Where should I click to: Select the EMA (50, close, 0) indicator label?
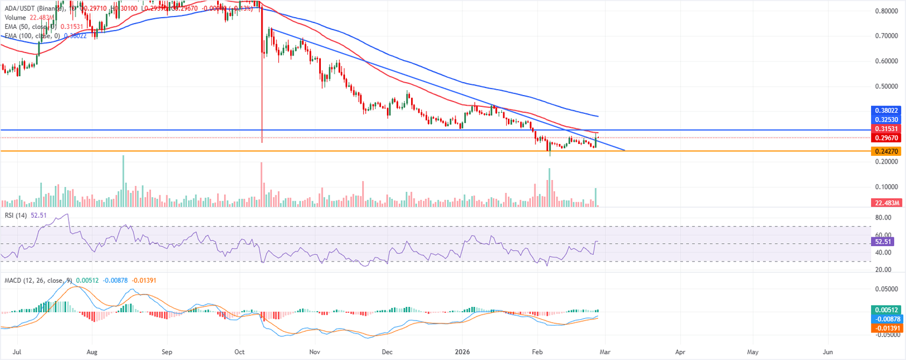[x=29, y=27]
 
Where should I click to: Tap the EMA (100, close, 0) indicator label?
[x=30, y=35]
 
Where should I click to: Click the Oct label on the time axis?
[x=240, y=351]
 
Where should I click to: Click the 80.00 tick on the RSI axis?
[x=883, y=218]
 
